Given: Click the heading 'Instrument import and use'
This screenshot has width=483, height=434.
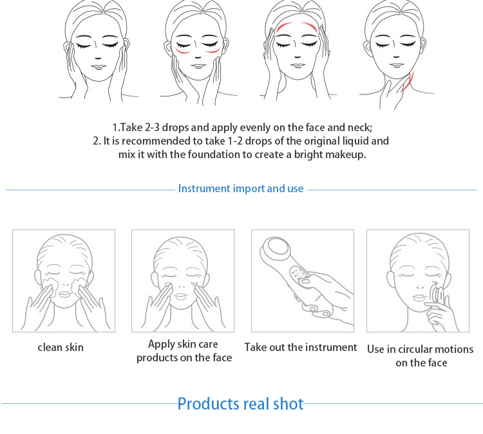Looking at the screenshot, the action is [x=241, y=188].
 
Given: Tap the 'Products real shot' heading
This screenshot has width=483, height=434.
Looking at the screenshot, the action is [x=241, y=404].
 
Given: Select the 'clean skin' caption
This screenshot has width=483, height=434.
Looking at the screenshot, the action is [x=61, y=347].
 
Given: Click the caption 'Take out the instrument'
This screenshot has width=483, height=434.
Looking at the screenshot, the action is [x=301, y=347].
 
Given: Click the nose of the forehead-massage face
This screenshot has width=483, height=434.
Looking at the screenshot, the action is [x=297, y=57].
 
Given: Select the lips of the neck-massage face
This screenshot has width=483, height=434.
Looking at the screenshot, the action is [x=397, y=64].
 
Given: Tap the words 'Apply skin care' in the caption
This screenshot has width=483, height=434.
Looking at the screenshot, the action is [x=183, y=344].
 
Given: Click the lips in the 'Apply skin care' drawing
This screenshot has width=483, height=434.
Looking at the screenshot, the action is [x=181, y=296].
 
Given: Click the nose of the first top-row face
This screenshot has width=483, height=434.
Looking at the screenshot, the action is [x=98, y=57].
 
